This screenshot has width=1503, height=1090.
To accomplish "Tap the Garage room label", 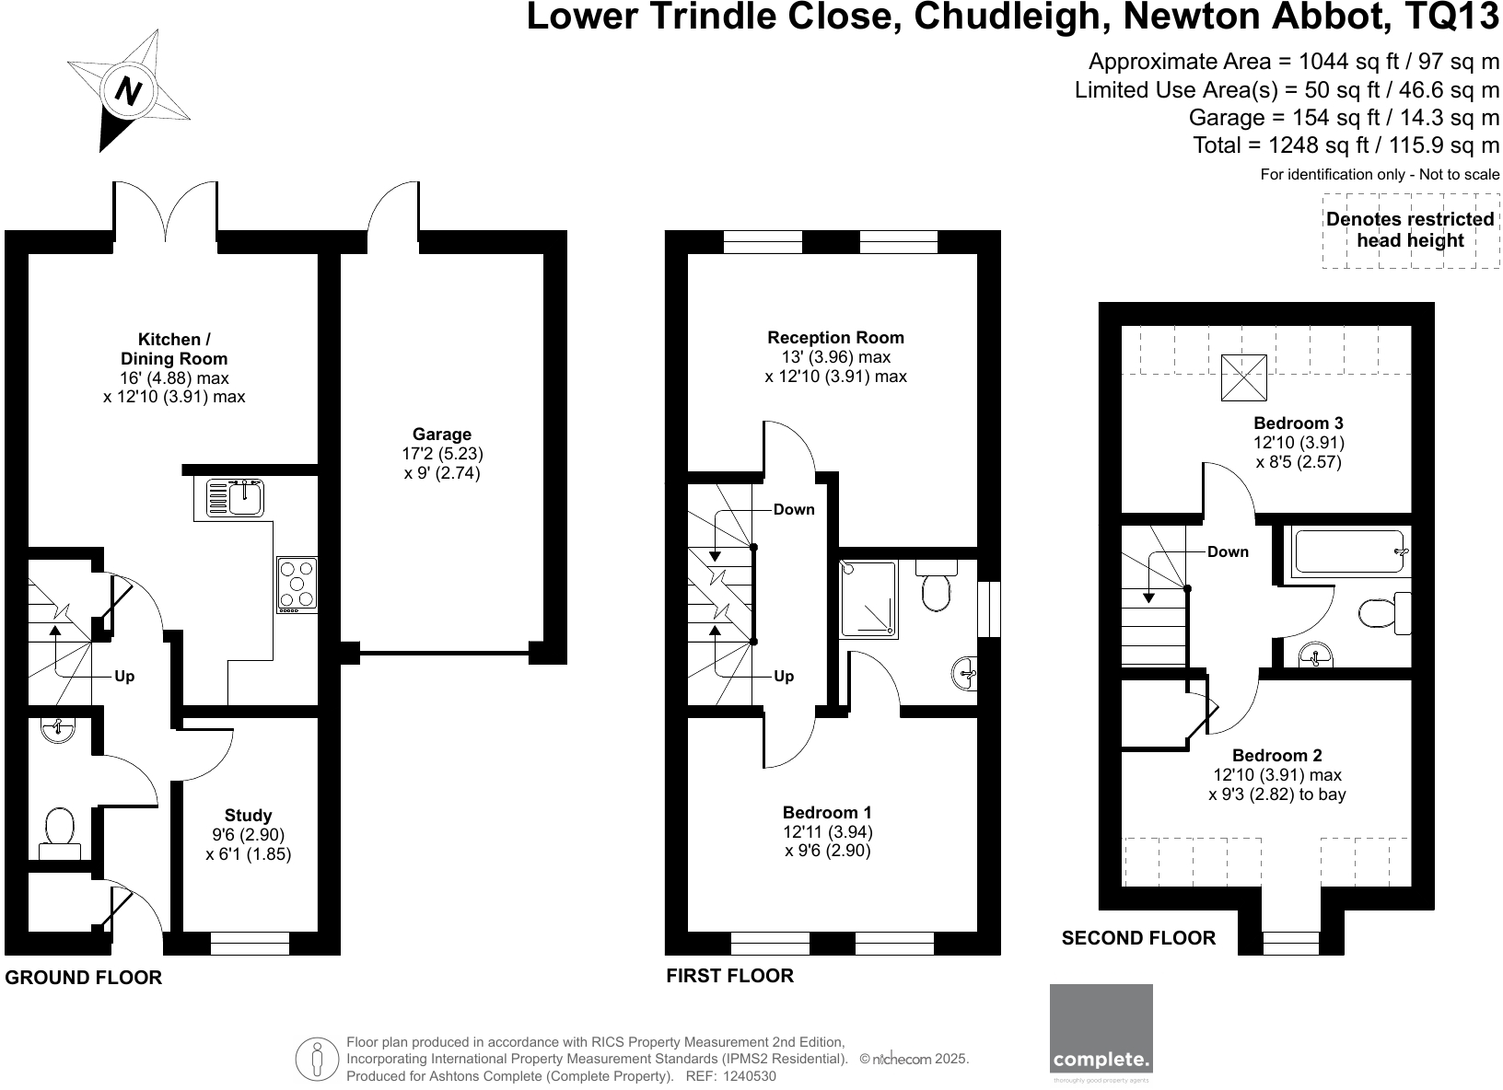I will tap(442, 435).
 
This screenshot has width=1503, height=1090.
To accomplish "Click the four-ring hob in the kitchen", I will tap(297, 585).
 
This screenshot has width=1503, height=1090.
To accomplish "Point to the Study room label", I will tap(248, 816).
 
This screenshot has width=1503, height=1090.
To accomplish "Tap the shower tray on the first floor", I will tap(868, 597).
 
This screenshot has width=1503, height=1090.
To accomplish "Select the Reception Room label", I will tap(835, 338).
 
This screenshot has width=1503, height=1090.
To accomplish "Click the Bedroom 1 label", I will tap(826, 813).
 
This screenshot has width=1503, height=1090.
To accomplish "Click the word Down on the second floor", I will tap(1228, 552).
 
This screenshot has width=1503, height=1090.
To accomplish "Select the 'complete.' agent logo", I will tap(1101, 1028).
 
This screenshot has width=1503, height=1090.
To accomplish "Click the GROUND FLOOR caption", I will tap(84, 979).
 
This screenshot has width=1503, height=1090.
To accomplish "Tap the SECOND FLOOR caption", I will tap(1138, 939).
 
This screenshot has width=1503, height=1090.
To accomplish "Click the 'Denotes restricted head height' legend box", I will tap(1410, 230).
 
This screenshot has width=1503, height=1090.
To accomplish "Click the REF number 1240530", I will tap(750, 1076).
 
